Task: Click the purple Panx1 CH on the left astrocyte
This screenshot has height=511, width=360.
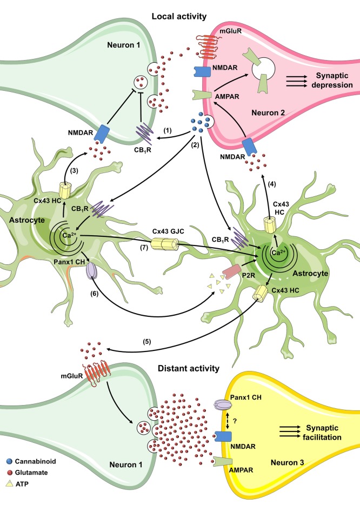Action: point(91,268)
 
